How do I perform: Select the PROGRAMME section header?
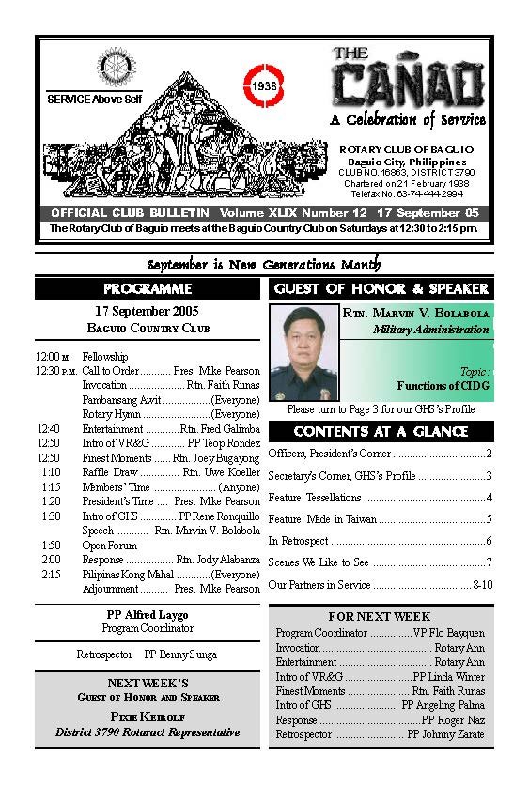point(148,288)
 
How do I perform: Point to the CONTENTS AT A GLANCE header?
point(381,431)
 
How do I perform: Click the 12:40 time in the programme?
point(48,428)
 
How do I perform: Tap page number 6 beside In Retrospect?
point(489,541)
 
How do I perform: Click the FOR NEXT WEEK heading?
point(380,616)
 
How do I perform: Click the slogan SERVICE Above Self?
point(90,99)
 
